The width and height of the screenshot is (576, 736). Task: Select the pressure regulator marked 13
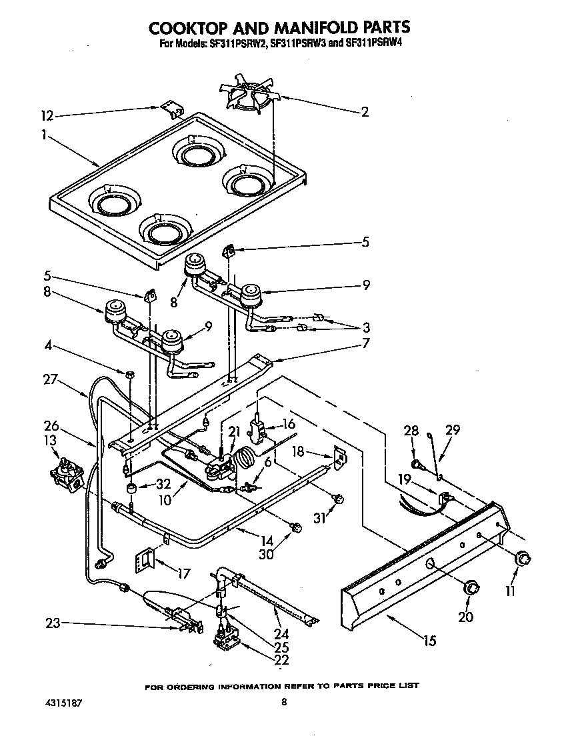(x=65, y=473)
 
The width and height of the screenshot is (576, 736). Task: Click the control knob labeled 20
(x=472, y=587)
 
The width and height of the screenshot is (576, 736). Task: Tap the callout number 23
(x=53, y=623)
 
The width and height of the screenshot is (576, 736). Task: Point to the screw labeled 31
(x=338, y=497)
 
